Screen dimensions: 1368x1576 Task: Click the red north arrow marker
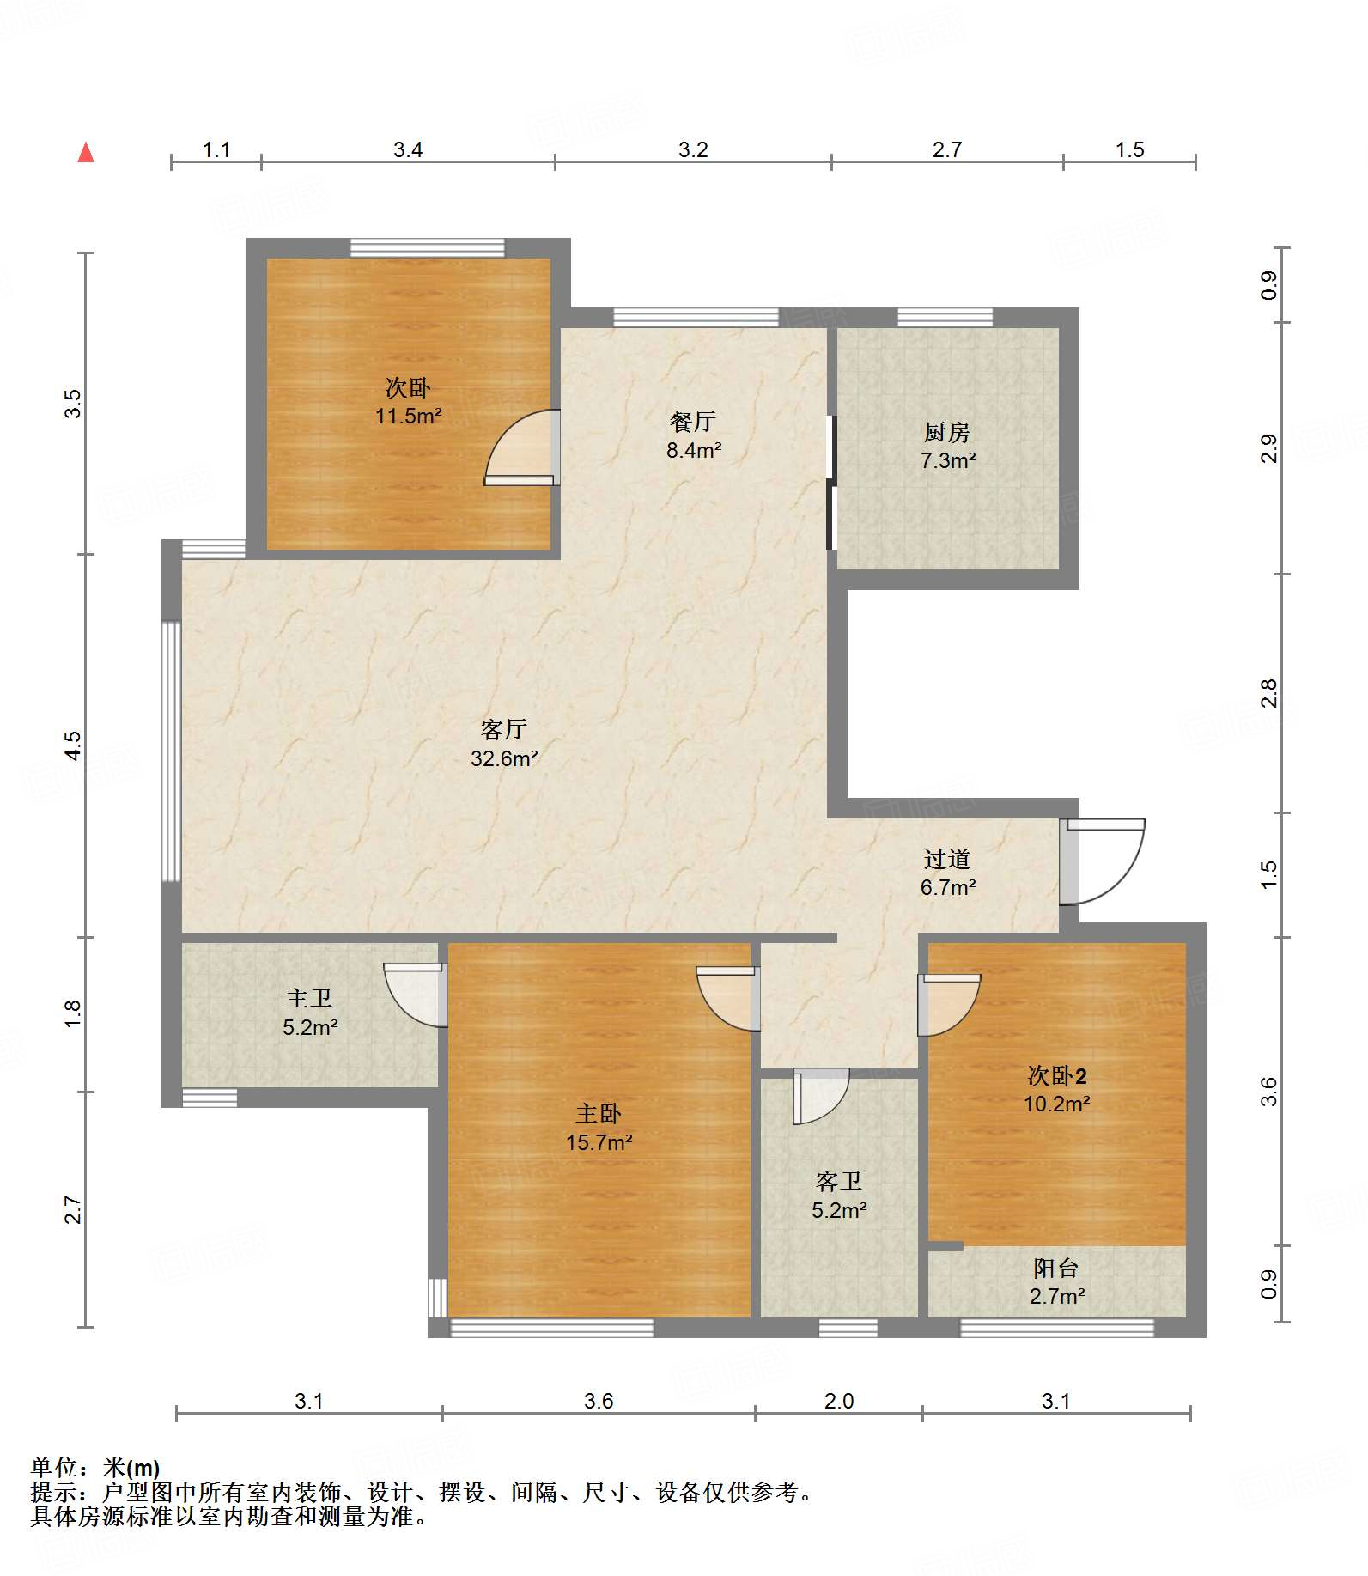tap(86, 153)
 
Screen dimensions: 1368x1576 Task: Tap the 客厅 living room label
tap(504, 729)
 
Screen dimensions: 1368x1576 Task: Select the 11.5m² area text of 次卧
tap(408, 417)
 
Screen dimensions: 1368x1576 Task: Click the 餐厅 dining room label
tap(693, 422)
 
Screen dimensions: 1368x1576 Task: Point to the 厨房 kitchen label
tap(947, 432)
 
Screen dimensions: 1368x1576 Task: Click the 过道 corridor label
tap(947, 859)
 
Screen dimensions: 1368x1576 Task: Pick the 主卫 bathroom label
tap(309, 998)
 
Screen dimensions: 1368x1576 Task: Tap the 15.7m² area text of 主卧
tap(599, 1143)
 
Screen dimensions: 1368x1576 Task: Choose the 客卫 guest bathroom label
tap(838, 1182)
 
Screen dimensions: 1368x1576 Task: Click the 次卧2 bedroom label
tap(1056, 1075)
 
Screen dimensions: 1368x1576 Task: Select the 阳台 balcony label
tap(1055, 1268)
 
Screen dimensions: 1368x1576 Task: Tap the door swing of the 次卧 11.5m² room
tap(522, 447)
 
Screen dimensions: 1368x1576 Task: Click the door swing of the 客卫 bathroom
tap(822, 1096)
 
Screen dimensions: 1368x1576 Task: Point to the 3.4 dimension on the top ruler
tap(408, 149)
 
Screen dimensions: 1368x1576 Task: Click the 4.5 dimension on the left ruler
tap(74, 745)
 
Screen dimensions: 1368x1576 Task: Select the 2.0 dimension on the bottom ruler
tap(838, 1401)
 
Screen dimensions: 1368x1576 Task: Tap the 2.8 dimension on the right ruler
tap(1268, 693)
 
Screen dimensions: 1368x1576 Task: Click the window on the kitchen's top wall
tap(945, 318)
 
